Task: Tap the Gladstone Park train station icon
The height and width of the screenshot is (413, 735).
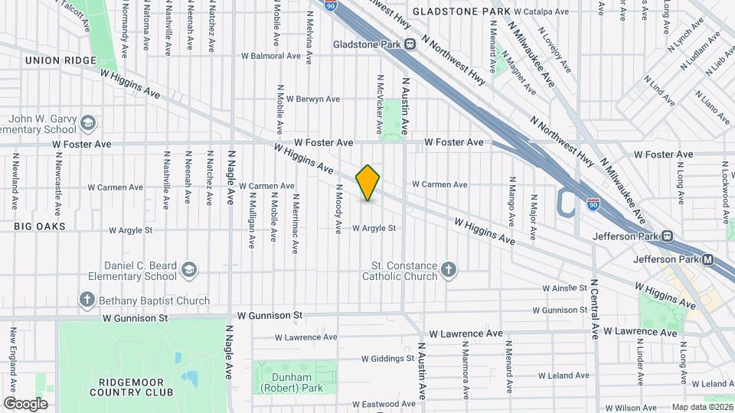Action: tap(410, 44)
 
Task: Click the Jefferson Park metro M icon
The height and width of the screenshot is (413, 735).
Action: tap(707, 260)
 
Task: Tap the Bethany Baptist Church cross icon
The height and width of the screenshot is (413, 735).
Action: tap(88, 301)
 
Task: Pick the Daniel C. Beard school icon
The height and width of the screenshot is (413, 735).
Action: tap(188, 270)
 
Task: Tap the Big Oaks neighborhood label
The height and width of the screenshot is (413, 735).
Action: tap(39, 226)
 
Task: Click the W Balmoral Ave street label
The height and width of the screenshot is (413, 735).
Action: tap(270, 56)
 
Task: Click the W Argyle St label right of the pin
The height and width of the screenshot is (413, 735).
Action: tap(374, 228)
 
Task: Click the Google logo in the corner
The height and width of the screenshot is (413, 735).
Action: tap(25, 403)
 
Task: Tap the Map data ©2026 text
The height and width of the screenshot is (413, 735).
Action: tap(701, 407)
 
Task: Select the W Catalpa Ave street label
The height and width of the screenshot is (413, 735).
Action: tap(541, 12)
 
